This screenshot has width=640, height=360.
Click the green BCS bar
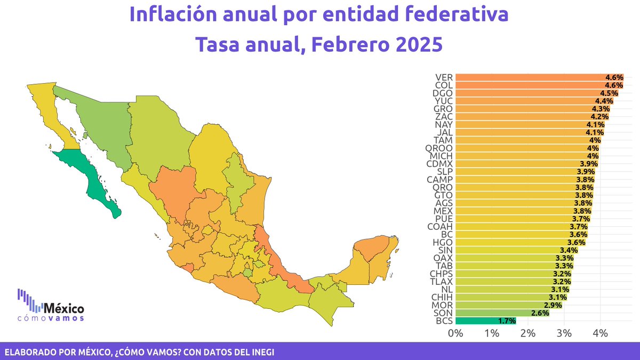click(x=485, y=321)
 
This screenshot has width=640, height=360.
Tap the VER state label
click(x=444, y=77)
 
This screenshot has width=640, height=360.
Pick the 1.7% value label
click(x=507, y=321)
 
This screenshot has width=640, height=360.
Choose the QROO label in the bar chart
click(x=440, y=148)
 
